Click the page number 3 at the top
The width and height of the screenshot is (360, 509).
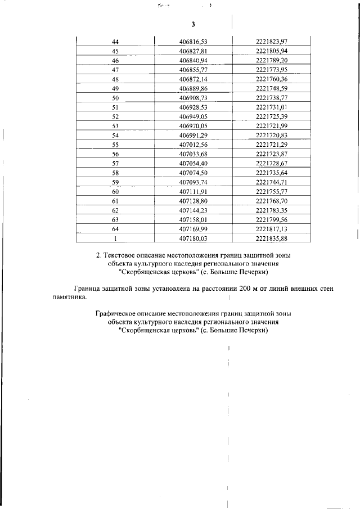tap(193, 25)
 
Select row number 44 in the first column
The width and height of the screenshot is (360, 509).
tap(115, 41)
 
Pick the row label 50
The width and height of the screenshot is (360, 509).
tap(115, 98)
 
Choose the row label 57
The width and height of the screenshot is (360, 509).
tap(115, 163)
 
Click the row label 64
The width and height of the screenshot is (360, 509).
tap(115, 229)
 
